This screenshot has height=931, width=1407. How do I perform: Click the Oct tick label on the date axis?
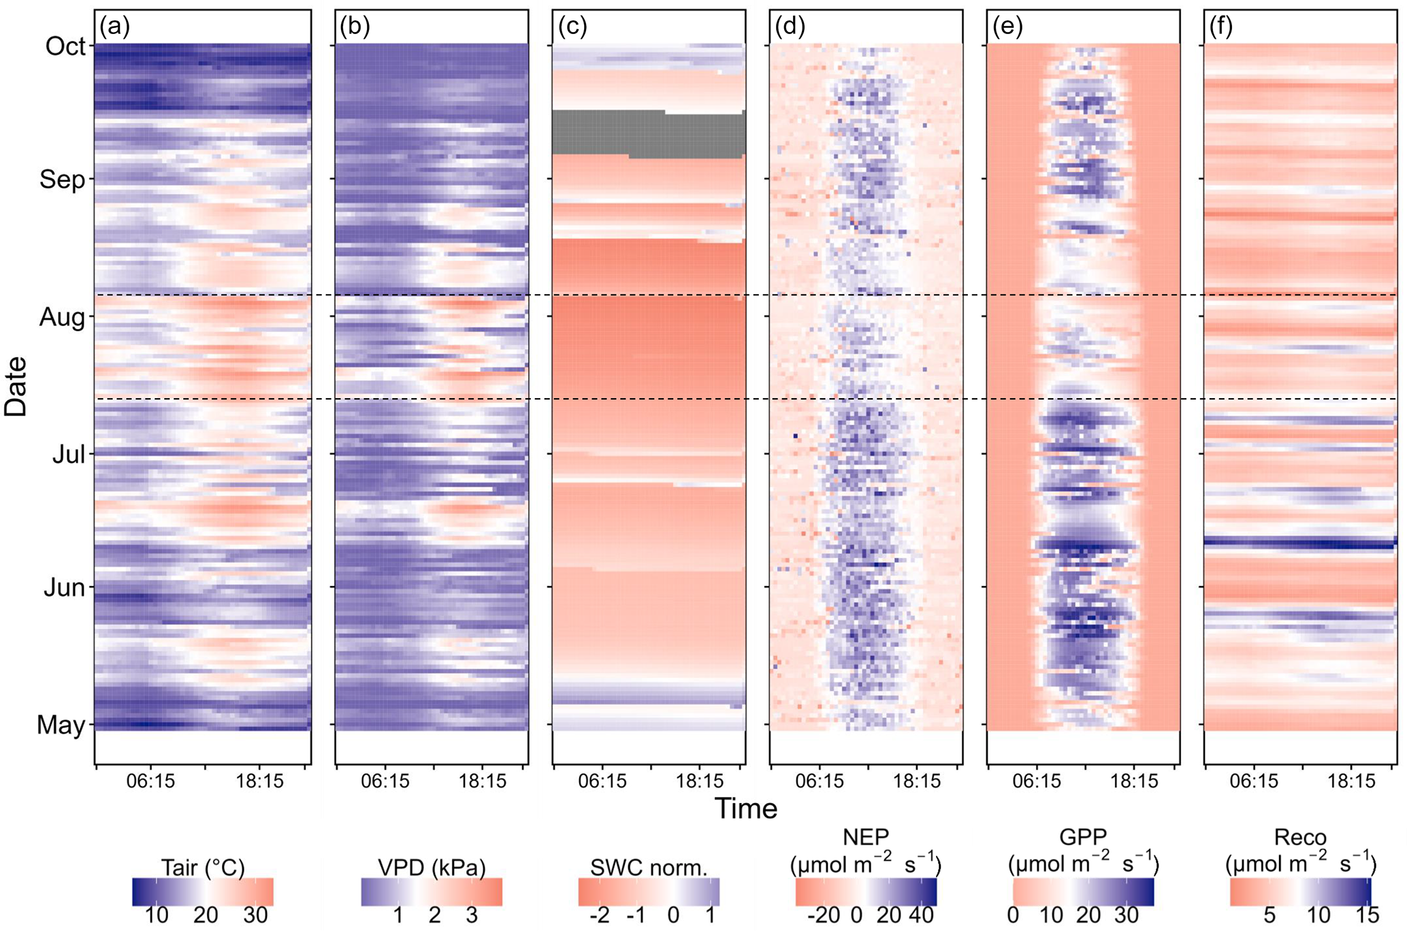point(65,46)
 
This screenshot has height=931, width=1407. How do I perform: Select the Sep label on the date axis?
point(62,180)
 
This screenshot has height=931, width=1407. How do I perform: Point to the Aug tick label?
point(62,317)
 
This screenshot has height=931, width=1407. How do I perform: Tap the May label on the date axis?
point(61,725)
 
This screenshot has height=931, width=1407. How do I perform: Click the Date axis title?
point(15,386)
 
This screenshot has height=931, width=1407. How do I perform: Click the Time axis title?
point(745,808)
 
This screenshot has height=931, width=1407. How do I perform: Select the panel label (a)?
point(114,27)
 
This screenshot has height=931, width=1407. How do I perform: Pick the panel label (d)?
point(790,27)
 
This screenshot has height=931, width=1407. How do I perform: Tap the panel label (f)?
point(1223,27)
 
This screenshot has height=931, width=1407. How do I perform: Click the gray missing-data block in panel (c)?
point(648,133)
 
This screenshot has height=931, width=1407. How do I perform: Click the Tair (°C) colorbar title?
point(203,868)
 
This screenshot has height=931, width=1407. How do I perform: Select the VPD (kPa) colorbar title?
point(432,868)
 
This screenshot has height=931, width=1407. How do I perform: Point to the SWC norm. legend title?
point(649,868)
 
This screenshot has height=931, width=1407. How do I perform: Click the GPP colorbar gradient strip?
point(1083,892)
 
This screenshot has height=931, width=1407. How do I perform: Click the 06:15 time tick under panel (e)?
point(1037,781)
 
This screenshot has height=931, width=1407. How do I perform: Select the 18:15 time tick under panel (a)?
point(260,781)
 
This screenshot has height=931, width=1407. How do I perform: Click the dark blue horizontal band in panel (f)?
point(1300,543)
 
